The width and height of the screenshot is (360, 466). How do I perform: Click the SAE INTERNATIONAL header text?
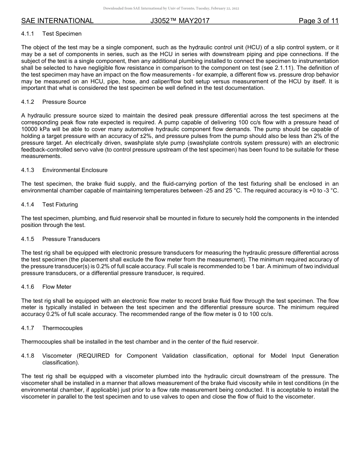57,21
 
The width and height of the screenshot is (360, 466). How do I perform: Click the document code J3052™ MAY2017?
180,21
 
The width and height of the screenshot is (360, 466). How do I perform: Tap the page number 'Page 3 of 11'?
318,21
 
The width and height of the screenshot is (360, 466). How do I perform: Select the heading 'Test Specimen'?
62,34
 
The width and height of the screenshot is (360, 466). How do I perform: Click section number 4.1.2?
28,102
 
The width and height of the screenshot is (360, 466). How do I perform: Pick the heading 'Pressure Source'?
64,102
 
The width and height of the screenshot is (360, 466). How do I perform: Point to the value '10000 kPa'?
34,129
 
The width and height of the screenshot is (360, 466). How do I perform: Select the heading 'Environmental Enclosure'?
75,170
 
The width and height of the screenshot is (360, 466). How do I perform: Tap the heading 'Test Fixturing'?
60,205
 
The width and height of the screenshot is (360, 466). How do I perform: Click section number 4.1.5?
28,239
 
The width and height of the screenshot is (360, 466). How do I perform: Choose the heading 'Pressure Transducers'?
71,239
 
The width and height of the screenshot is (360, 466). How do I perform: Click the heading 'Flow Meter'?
57,287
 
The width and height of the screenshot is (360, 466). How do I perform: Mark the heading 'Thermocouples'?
62,328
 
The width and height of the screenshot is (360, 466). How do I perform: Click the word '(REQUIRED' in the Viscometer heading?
93,356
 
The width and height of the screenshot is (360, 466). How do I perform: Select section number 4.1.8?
28,356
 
